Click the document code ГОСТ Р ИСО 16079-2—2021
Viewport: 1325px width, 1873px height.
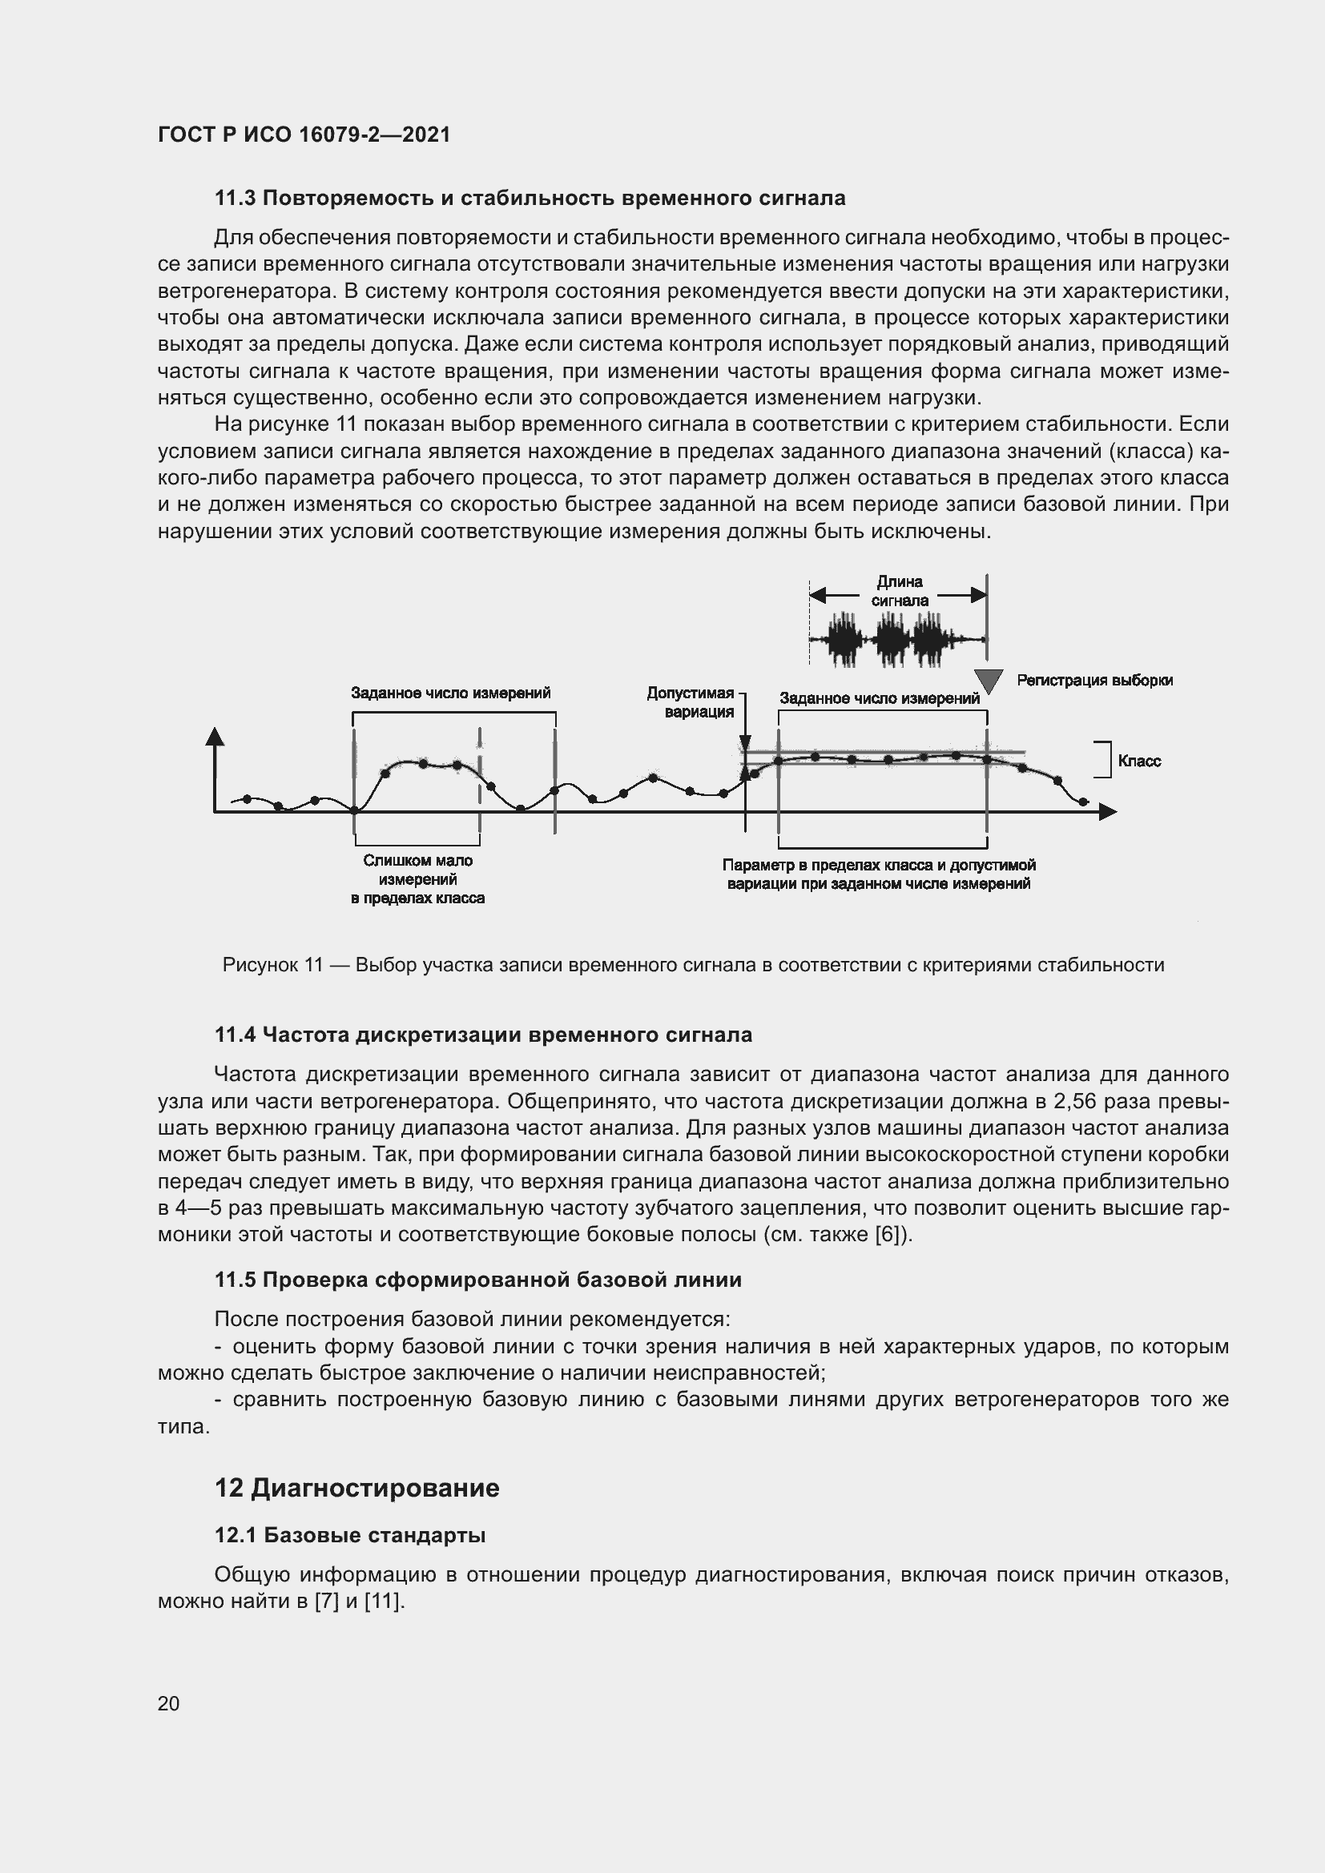pyautogui.click(x=304, y=135)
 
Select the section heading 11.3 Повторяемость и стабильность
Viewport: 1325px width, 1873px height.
pyautogui.click(x=530, y=199)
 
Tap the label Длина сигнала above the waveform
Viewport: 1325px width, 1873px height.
pyautogui.click(x=899, y=591)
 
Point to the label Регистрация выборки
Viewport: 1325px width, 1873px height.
pyautogui.click(x=1094, y=681)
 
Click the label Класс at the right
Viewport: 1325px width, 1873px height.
pyautogui.click(x=1138, y=761)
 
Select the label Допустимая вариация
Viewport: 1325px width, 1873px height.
pyautogui.click(x=691, y=701)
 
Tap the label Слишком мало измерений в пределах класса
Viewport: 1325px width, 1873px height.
pyautogui.click(x=417, y=879)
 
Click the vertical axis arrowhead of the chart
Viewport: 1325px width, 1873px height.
pyautogui.click(x=215, y=737)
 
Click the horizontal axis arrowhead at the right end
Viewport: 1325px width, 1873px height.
pyautogui.click(x=1107, y=812)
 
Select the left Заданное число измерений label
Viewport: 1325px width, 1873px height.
pyautogui.click(x=450, y=693)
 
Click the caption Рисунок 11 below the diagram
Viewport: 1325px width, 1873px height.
pyautogui.click(x=693, y=965)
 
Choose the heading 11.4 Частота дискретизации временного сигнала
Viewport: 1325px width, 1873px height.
pyautogui.click(x=483, y=1035)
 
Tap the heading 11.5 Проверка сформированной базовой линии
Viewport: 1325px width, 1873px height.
pyautogui.click(x=478, y=1279)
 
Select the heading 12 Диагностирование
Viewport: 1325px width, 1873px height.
pyautogui.click(x=356, y=1487)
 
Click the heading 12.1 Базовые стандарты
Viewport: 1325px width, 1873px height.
pyautogui.click(x=350, y=1535)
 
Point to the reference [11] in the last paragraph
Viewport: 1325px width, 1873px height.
pyautogui.click(x=383, y=1602)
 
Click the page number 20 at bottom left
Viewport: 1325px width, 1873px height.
pyautogui.click(x=169, y=1702)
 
